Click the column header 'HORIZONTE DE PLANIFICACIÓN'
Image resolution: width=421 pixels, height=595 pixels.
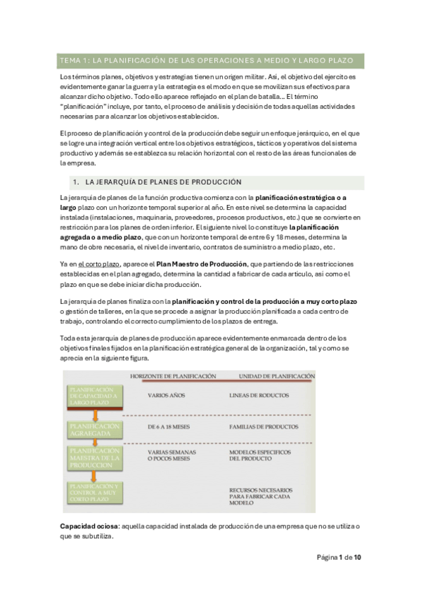[x=173, y=377]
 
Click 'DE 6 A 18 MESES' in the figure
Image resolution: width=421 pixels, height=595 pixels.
[x=171, y=427]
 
